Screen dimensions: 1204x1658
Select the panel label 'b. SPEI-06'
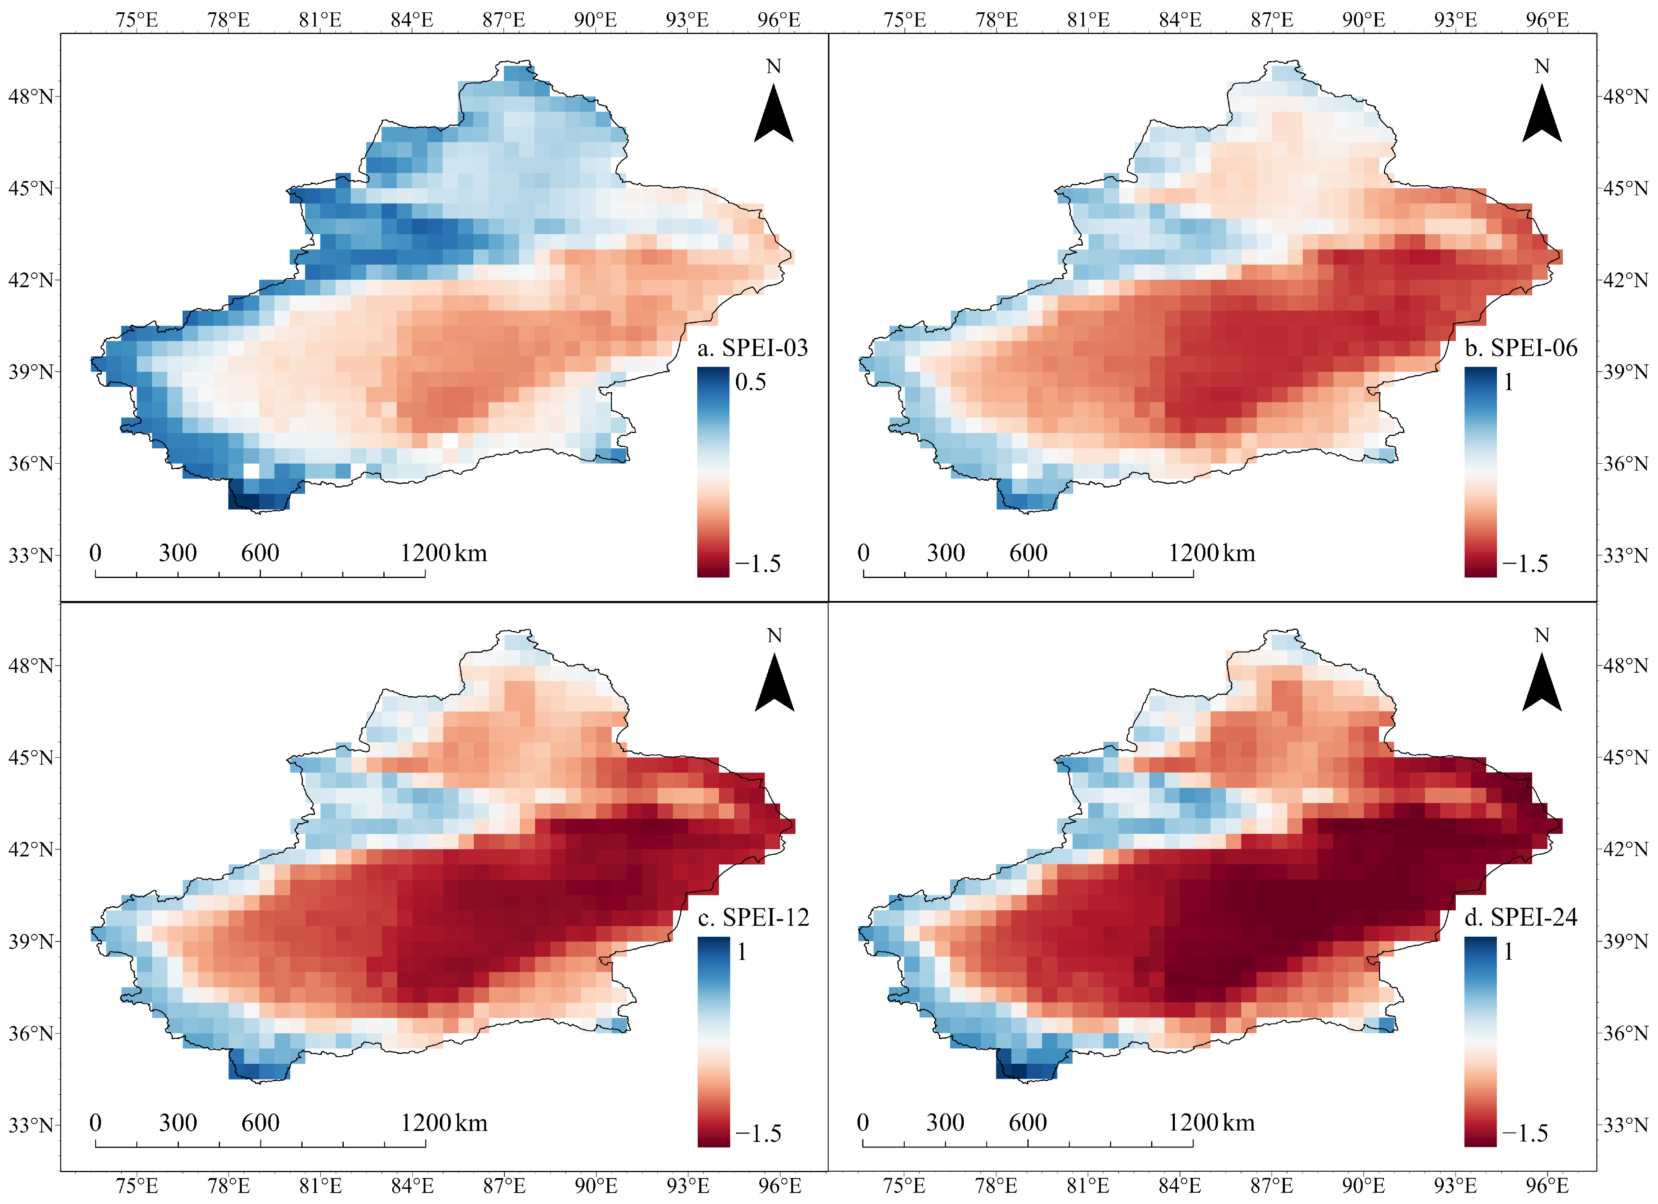click(1521, 348)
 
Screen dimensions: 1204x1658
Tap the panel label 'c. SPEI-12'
click(753, 918)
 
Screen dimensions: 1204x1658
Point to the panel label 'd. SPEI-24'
click(1521, 918)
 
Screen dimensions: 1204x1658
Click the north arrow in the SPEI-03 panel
click(773, 114)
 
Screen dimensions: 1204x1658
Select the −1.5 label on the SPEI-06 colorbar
click(1525, 564)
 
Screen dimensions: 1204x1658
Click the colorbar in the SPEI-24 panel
click(1480, 1042)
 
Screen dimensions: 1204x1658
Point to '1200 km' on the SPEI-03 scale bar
click(443, 552)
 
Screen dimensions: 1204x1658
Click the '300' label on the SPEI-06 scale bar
click(945, 552)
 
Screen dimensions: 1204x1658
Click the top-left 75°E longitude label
click(137, 20)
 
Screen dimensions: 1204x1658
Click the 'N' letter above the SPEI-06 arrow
click(1542, 67)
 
